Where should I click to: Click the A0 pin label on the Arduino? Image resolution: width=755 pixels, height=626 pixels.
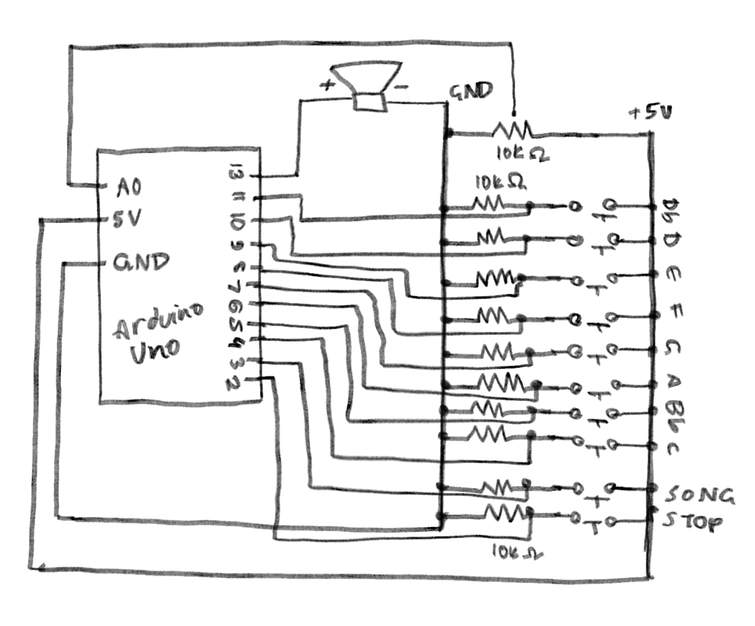(129, 188)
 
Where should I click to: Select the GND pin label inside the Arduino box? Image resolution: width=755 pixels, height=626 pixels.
(141, 262)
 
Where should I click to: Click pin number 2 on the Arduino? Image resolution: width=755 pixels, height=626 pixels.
(234, 384)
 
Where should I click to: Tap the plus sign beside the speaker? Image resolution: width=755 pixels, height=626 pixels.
(327, 85)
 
